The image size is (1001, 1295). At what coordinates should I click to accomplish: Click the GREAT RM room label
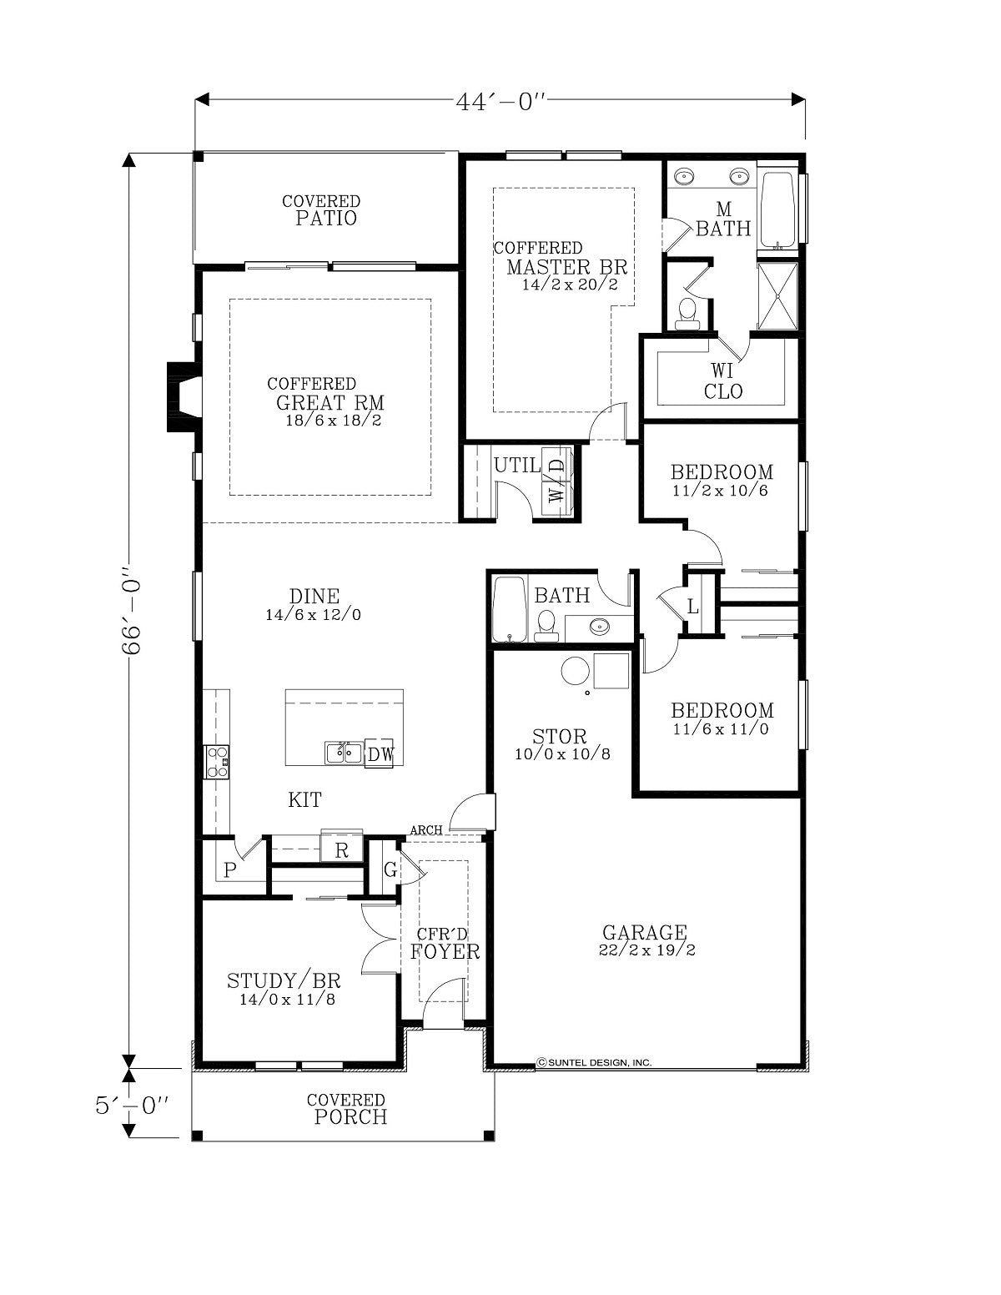(329, 403)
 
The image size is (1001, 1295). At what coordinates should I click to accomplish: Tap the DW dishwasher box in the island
(380, 754)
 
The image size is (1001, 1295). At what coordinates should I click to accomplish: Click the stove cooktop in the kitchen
(217, 762)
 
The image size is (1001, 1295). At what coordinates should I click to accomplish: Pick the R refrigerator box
(342, 849)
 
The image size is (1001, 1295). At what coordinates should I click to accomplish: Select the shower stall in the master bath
(777, 295)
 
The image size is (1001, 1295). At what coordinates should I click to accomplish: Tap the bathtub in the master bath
(777, 209)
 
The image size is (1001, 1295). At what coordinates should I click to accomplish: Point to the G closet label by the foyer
(390, 870)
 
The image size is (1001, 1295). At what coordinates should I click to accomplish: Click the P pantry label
(230, 870)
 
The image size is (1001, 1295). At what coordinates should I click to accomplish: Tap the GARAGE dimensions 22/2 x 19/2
(646, 950)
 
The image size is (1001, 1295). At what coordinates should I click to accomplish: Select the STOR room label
(559, 736)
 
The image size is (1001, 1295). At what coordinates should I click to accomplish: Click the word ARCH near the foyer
(426, 829)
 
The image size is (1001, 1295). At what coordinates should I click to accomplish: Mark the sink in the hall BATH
(599, 627)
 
